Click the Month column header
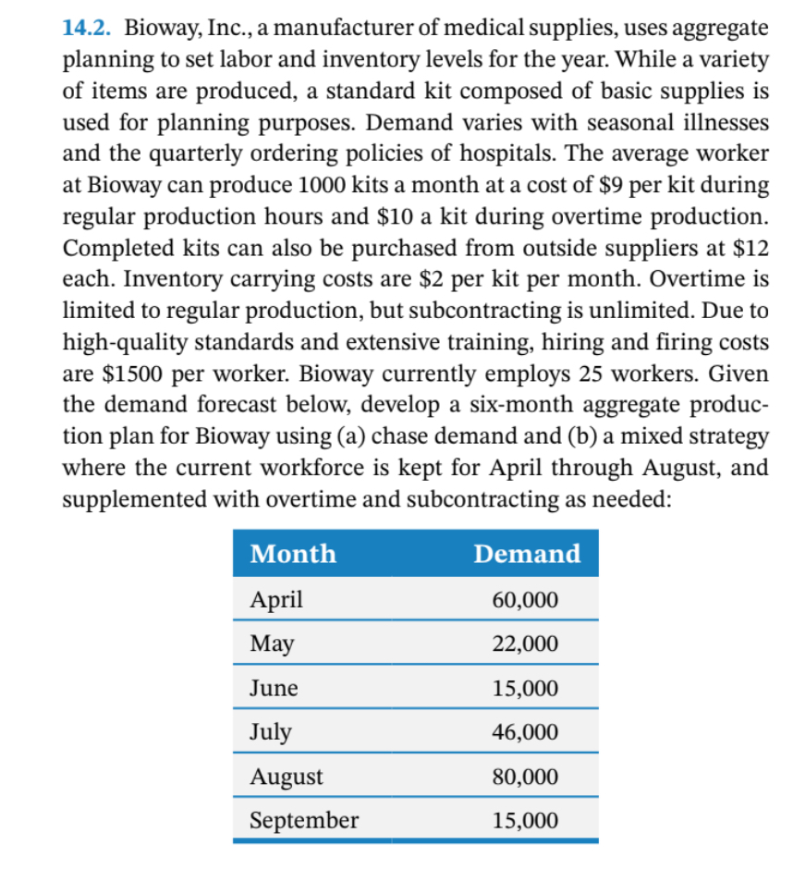coord(293,554)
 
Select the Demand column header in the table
coord(527,554)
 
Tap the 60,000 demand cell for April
coord(525,599)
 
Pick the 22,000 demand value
coord(525,643)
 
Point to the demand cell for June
coord(525,689)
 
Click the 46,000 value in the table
coord(525,732)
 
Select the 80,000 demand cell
coord(525,777)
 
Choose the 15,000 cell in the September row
coord(525,820)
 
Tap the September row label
coord(304,820)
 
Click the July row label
coord(271,732)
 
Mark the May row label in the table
coord(273,643)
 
